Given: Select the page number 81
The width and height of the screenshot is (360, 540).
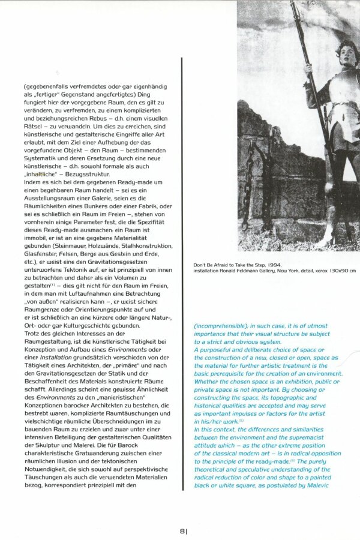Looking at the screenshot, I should [184, 530].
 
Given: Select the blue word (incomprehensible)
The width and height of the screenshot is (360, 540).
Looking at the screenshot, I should [220, 326].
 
